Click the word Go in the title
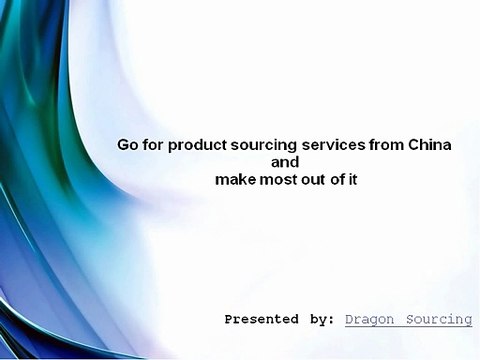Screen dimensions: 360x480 coord(128,145)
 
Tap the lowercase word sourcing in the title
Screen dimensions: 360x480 coord(262,145)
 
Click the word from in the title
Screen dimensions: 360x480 coord(386,145)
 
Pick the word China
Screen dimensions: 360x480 coord(430,145)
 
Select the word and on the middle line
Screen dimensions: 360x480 coord(286,162)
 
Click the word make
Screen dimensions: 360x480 coord(235,180)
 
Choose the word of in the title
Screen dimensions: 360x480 coord(341,180)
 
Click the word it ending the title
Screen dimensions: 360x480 coord(355,180)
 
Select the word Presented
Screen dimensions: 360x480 coord(261,320)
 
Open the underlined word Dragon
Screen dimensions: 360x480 coord(368,320)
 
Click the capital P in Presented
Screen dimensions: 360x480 coord(229,320)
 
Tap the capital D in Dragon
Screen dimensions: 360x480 coord(349,320)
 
